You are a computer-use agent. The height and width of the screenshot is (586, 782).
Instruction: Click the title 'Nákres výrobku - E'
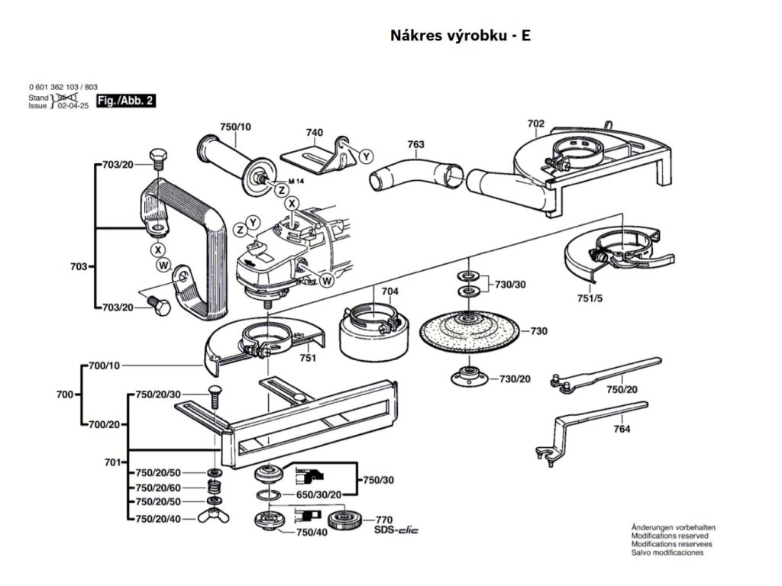[x=460, y=36]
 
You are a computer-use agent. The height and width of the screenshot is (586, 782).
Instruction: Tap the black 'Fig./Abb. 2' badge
[x=126, y=101]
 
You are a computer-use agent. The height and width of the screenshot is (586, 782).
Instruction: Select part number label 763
[x=415, y=144]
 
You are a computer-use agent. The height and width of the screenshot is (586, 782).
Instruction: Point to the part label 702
[x=535, y=124]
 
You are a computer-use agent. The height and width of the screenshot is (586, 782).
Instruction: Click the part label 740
[x=314, y=133]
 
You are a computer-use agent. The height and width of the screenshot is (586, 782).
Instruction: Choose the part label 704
[x=389, y=291]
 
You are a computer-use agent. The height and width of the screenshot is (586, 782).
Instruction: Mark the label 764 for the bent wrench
[x=622, y=430]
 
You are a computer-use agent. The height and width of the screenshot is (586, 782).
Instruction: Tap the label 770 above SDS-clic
[x=383, y=519]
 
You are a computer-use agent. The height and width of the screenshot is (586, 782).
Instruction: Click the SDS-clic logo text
[x=396, y=530]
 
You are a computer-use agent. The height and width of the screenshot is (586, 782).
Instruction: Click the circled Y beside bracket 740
[x=366, y=156]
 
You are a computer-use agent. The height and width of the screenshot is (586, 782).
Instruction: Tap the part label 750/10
[x=234, y=126]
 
